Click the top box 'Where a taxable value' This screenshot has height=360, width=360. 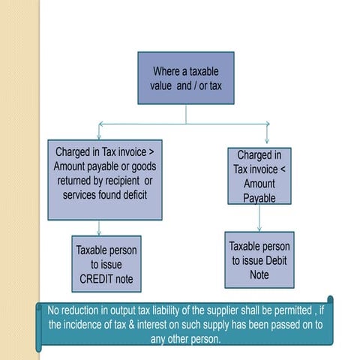(x=186, y=77)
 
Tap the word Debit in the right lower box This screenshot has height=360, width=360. (x=274, y=260)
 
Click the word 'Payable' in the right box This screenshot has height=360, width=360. (x=259, y=199)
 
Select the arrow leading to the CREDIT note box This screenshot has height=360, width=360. (x=103, y=228)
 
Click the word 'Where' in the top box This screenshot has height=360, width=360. (x=166, y=71)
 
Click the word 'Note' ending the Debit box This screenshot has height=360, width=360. (x=259, y=274)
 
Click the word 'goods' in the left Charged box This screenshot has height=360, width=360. (x=142, y=166)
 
